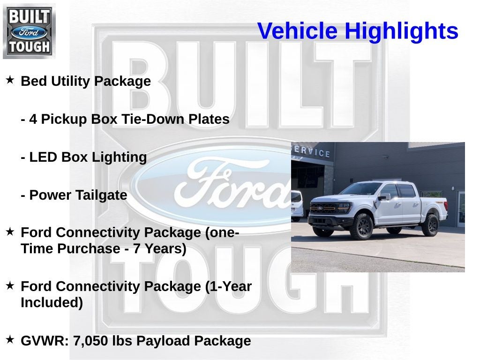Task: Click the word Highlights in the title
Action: click(x=401, y=31)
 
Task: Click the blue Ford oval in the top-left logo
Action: click(x=29, y=32)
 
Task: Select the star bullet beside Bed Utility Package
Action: click(x=10, y=80)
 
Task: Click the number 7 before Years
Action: click(x=137, y=248)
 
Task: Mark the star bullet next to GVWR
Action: click(x=10, y=339)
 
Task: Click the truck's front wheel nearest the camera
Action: click(x=362, y=226)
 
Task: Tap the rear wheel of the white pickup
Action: click(x=431, y=225)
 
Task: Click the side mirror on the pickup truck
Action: click(x=383, y=197)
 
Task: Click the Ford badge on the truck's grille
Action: click(x=320, y=208)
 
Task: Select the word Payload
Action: click(x=162, y=341)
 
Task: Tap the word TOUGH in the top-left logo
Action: click(x=29, y=47)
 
